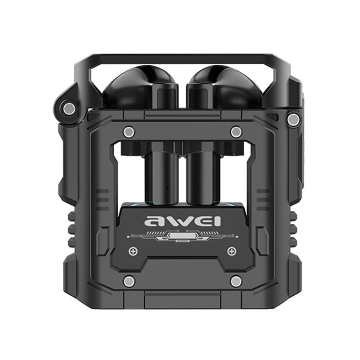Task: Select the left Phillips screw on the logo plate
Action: [x=132, y=251]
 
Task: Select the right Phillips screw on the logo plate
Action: [x=231, y=251]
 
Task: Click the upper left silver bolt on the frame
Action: [x=129, y=131]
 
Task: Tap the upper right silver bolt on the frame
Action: [x=235, y=131]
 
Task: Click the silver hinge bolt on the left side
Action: [x=69, y=108]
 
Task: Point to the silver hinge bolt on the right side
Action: [x=294, y=118]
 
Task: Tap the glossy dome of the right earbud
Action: [x=226, y=86]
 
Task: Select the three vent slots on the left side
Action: [x=102, y=197]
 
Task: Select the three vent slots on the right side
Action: [x=262, y=197]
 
